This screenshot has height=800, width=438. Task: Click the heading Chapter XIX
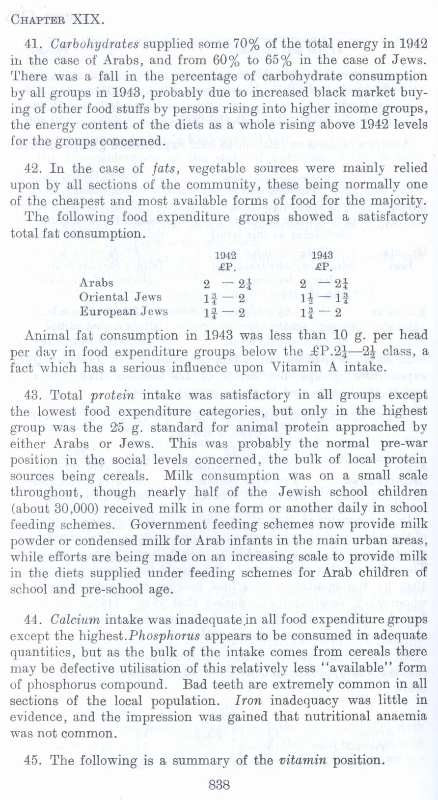[57, 20]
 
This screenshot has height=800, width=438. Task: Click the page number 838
[219, 785]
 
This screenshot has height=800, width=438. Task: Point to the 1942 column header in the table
[226, 255]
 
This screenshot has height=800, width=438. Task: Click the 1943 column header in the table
[323, 255]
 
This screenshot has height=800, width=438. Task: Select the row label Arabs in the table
[96, 283]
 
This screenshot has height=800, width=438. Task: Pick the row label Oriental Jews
[120, 297]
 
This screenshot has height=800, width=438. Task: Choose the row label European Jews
[124, 311]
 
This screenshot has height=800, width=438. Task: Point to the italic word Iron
[248, 700]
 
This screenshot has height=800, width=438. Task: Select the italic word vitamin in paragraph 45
[303, 760]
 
